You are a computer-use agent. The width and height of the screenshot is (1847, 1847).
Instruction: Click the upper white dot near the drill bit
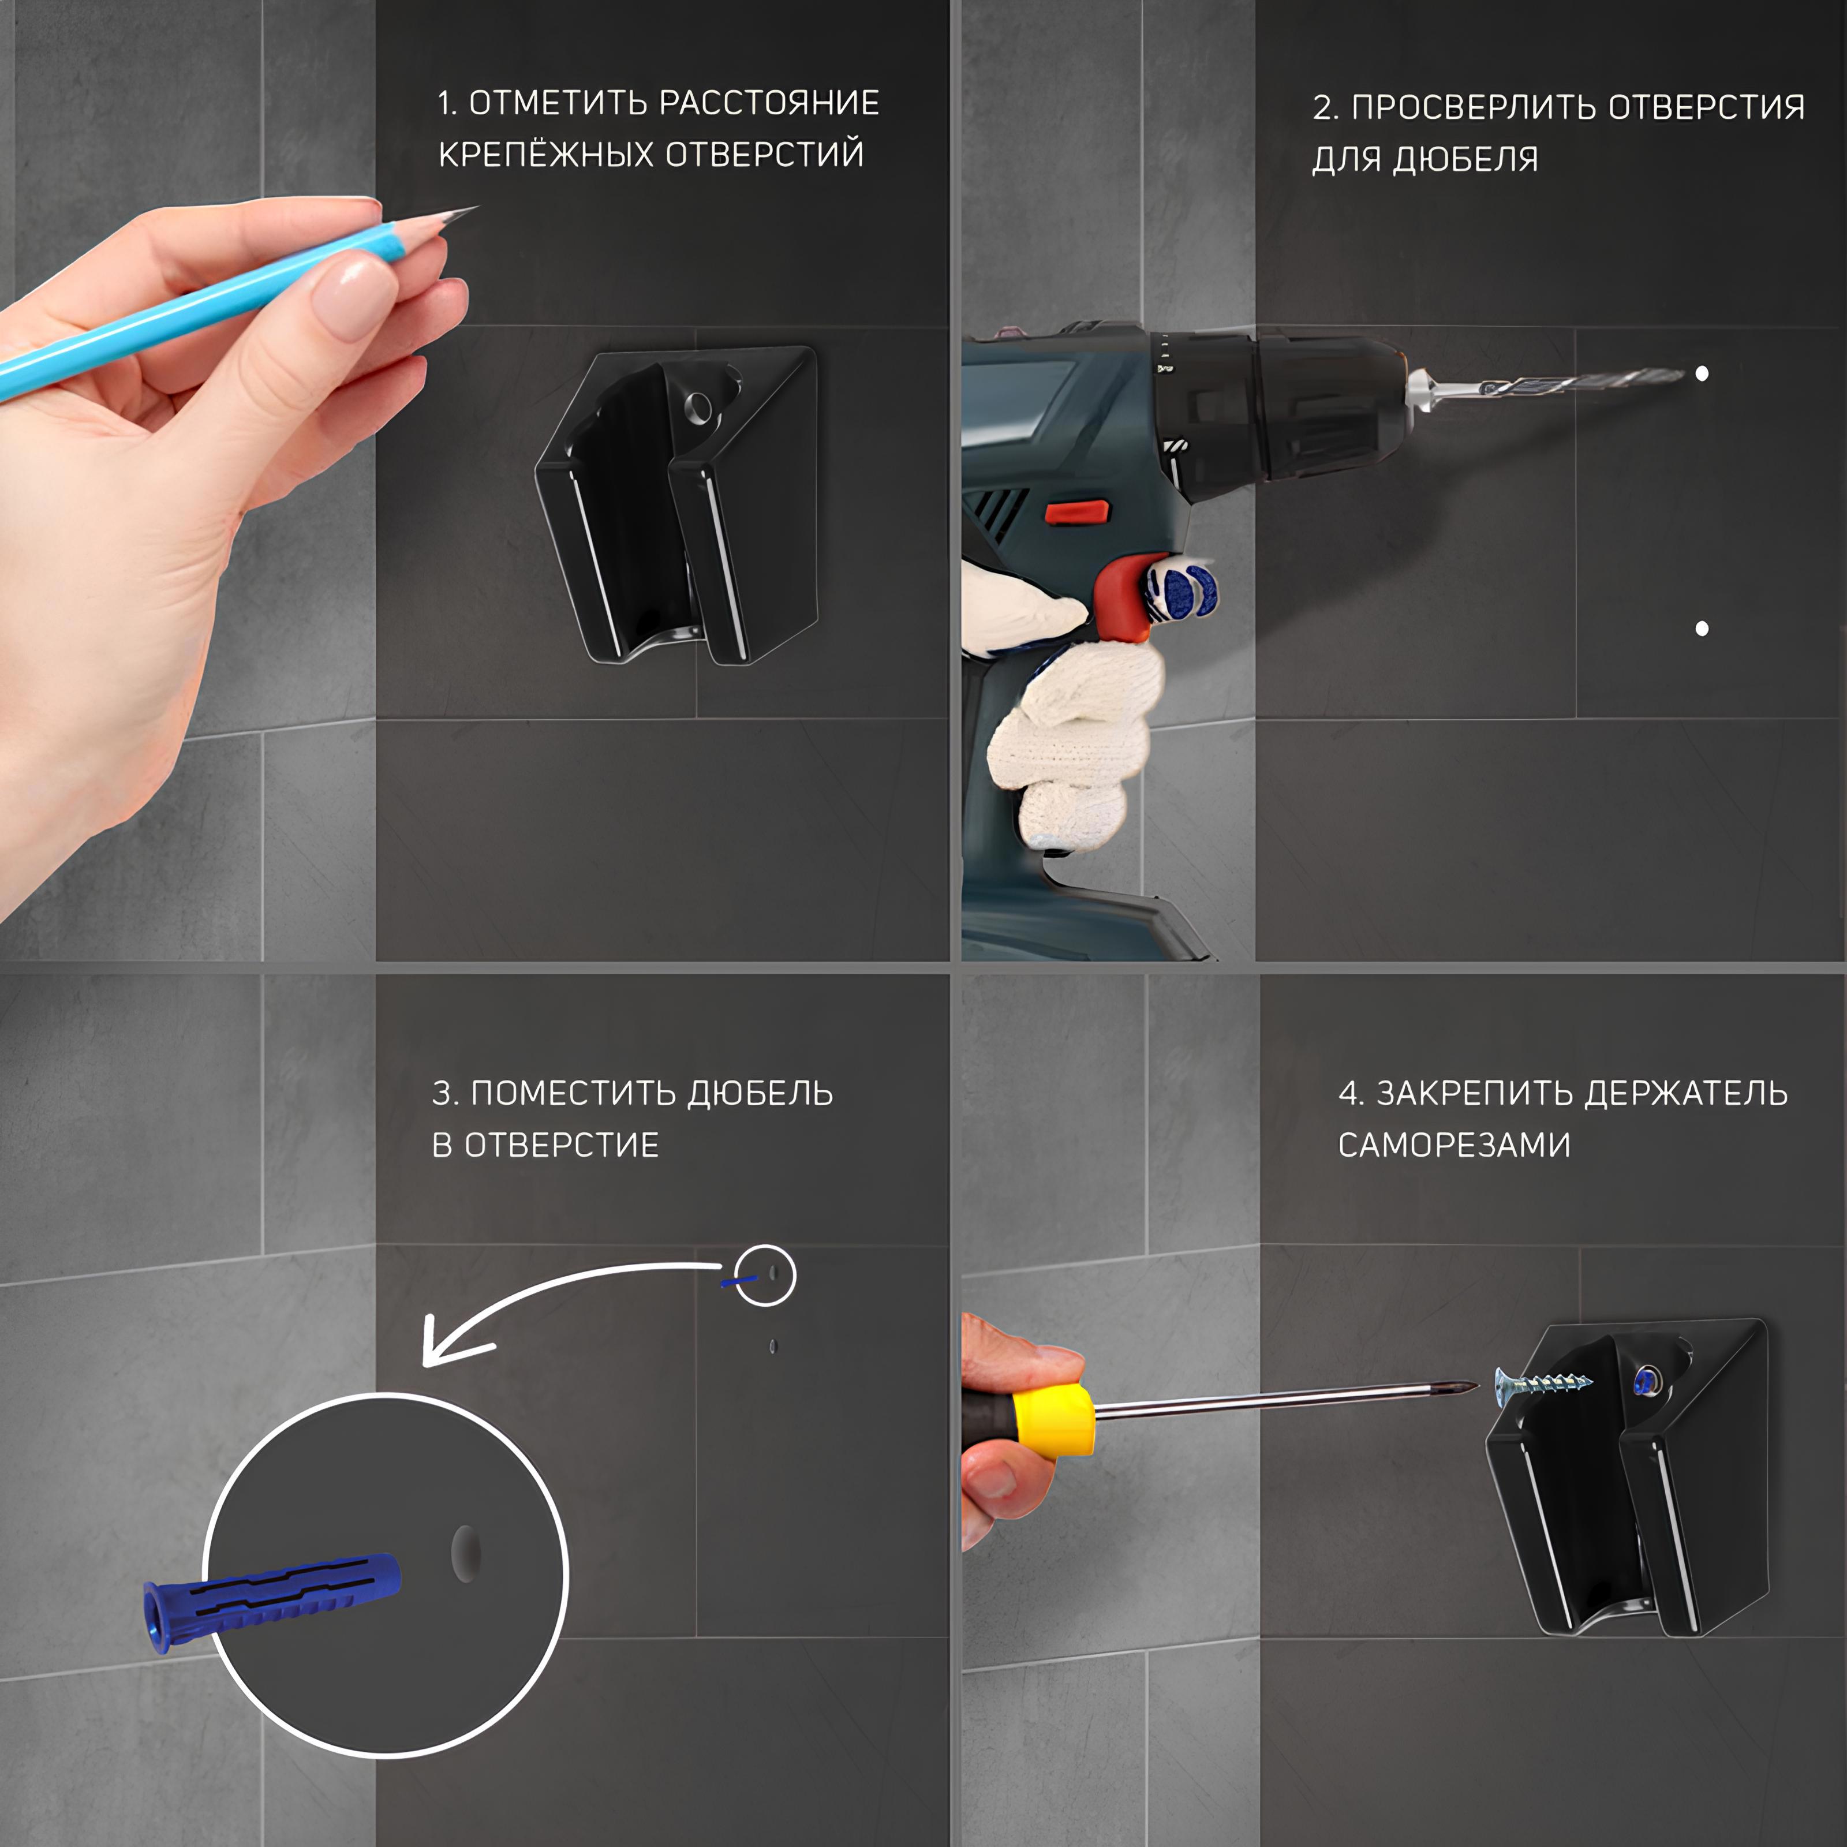(1702, 374)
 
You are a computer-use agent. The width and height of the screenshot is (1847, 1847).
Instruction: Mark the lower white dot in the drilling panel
(1702, 628)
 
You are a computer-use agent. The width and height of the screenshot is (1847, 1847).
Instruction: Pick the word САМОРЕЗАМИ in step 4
(1453, 1145)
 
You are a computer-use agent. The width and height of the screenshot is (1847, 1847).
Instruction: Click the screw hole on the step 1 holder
(698, 409)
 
